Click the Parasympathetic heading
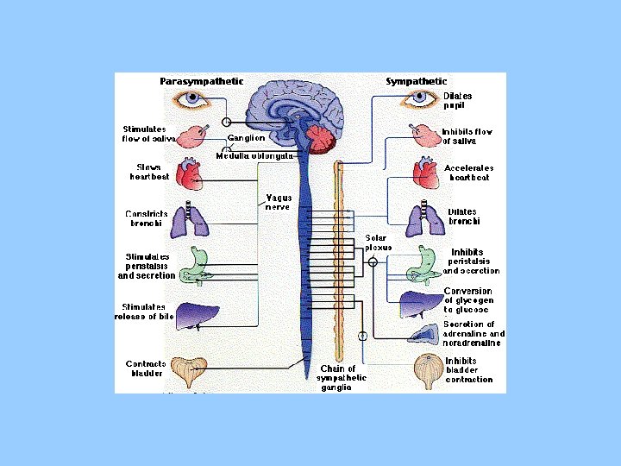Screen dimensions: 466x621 coord(201,81)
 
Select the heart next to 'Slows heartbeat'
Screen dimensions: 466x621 coord(188,175)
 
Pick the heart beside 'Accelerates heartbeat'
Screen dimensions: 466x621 coord(425,173)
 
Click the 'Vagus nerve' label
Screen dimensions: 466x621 coord(278,202)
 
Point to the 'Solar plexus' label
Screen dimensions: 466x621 coord(379,242)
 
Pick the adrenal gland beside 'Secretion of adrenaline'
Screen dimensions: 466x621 coord(424,335)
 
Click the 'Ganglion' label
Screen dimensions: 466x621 coord(246,138)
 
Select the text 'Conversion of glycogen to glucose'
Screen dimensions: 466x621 coord(468,300)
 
